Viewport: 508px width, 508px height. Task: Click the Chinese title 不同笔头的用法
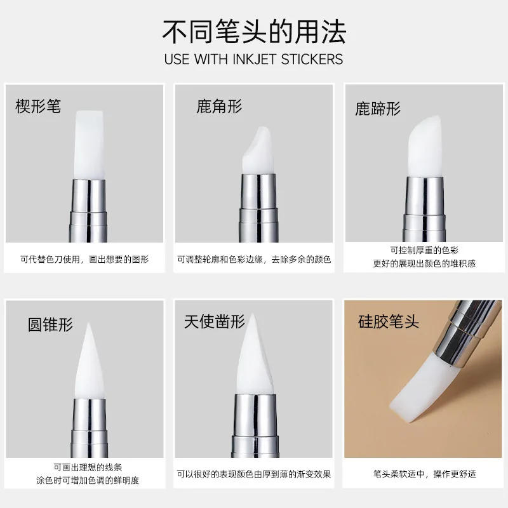tap(254, 30)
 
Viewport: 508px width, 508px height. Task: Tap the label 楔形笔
tap(38, 105)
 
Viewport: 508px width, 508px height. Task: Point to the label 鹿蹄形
tap(378, 109)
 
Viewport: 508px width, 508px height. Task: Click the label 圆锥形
tap(50, 324)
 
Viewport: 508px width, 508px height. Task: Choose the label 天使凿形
tap(214, 321)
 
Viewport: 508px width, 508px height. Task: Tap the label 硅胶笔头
tap(388, 321)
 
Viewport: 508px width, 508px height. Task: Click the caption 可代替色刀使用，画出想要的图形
tap(84, 259)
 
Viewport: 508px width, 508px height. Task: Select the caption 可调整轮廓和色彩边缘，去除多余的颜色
tap(254, 259)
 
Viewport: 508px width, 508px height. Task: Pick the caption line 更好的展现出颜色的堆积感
tap(424, 263)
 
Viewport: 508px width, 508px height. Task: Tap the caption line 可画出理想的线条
tap(84, 467)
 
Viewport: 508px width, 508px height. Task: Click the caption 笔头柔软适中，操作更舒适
tap(424, 474)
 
